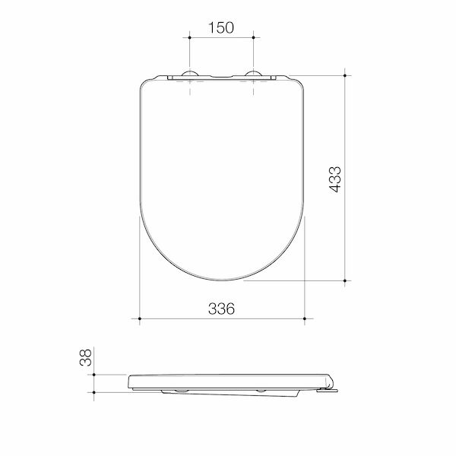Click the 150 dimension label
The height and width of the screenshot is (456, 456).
(x=221, y=27)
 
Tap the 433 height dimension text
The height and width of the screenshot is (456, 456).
(x=335, y=179)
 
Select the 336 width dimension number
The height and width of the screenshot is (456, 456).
(x=221, y=309)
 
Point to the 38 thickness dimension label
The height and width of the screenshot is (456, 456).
(x=85, y=357)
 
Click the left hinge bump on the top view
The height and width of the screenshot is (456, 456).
(x=190, y=73)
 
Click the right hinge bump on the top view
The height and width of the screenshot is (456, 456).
(x=253, y=73)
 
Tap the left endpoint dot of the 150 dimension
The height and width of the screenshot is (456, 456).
(x=189, y=37)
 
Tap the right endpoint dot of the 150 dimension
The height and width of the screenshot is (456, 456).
(x=253, y=37)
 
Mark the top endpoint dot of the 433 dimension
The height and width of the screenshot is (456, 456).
(x=345, y=75)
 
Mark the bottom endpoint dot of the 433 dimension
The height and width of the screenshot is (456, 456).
(x=345, y=280)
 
